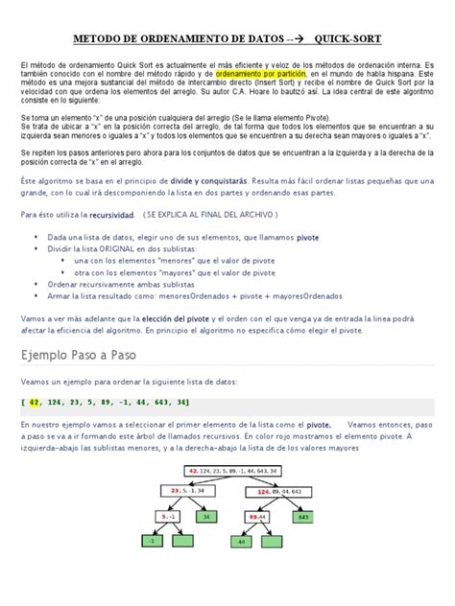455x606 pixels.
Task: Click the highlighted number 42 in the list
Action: [35, 402]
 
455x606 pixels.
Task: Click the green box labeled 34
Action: [206, 516]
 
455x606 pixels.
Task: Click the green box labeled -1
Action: [151, 541]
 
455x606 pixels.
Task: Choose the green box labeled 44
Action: [243, 541]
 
